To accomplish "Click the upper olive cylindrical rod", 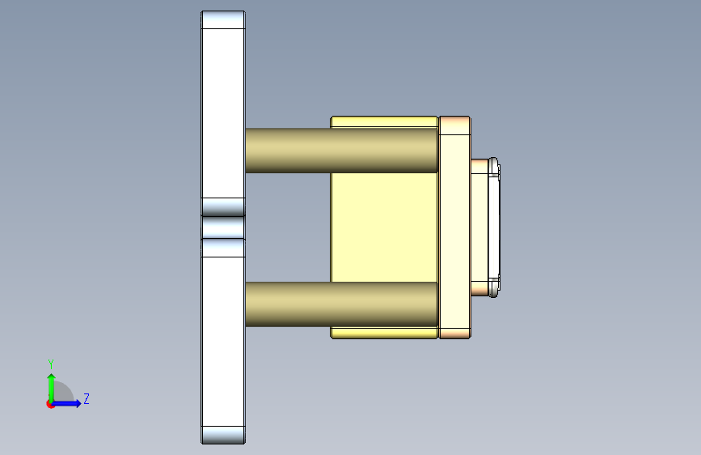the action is pos(341,151).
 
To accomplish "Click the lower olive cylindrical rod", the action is pos(341,304).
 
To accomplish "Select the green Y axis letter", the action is pos(51,364).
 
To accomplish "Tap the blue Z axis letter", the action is pos(87,398).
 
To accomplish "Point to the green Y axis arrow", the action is pos(52,388).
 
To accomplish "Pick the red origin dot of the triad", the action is pos(50,404).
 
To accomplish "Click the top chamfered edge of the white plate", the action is pos(223,19).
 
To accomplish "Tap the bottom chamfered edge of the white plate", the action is pos(223,435).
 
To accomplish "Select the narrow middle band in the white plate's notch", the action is pos(223,227).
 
